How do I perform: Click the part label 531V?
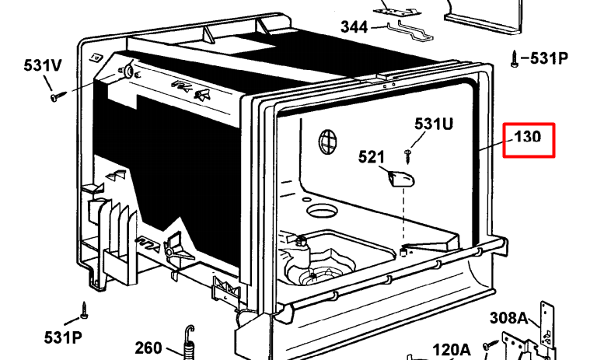pyautogui.click(x=43, y=65)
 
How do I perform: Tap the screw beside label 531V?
pyautogui.click(x=58, y=96)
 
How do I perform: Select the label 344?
pyautogui.click(x=354, y=27)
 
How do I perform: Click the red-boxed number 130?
pyautogui.click(x=528, y=137)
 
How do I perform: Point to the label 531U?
pyautogui.click(x=434, y=124)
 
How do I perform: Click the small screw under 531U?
pyautogui.click(x=408, y=156)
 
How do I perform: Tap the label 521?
pyautogui.click(x=372, y=157)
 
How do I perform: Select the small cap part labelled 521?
pyautogui.click(x=401, y=178)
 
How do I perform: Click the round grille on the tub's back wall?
pyautogui.click(x=327, y=142)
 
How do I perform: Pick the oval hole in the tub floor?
pyautogui.click(x=322, y=211)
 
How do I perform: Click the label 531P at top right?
pyautogui.click(x=549, y=58)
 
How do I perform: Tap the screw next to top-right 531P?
pyautogui.click(x=515, y=59)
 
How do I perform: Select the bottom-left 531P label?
pyautogui.click(x=63, y=337)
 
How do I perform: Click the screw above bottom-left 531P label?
pyautogui.click(x=84, y=310)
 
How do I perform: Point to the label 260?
pyautogui.click(x=148, y=348)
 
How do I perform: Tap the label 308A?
pyautogui.click(x=508, y=318)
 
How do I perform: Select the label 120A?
pyautogui.click(x=452, y=350)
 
